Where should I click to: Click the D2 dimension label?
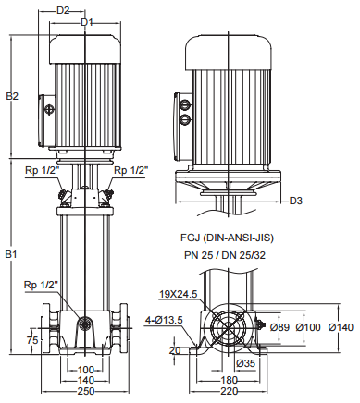[x=63, y=10]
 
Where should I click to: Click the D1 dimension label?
[x=87, y=22]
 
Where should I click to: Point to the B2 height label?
[x=12, y=96]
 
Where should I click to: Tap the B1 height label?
[x=12, y=255]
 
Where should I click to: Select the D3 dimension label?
[x=296, y=201]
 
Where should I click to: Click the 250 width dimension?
[x=86, y=391]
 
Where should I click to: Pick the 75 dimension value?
[x=32, y=340]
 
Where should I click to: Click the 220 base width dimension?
[x=230, y=391]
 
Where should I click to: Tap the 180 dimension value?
[x=230, y=380]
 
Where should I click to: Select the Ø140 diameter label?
[x=341, y=327]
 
